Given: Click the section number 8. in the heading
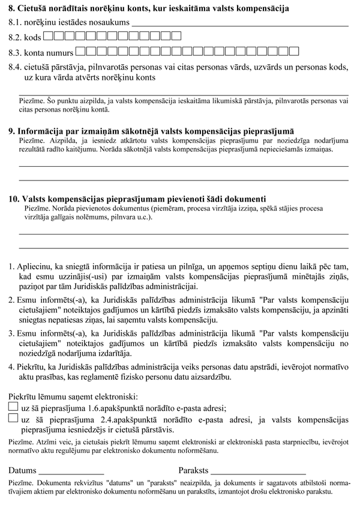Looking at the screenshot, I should tap(13, 9).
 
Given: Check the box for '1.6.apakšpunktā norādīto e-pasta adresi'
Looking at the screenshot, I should tap(13, 407).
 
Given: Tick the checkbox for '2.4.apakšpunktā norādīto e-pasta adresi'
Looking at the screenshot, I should tap(13, 419).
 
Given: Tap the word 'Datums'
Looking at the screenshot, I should tap(22, 470).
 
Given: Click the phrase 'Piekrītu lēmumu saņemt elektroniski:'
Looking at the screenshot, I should tap(73, 396).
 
